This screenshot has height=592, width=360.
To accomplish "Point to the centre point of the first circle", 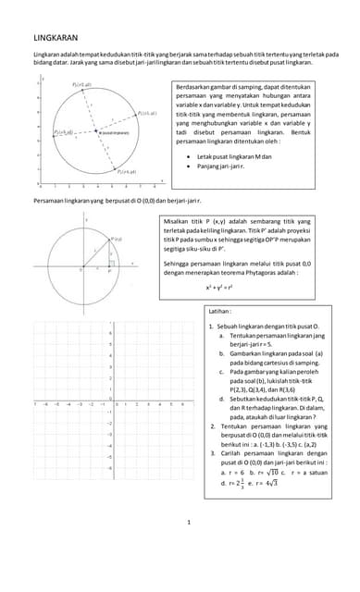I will click(x=93, y=134).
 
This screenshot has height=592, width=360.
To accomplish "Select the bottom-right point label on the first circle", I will click(x=127, y=172).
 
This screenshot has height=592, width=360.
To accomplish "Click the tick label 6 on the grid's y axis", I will click(x=111, y=332).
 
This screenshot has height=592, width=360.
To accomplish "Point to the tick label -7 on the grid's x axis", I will click(x=34, y=404).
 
